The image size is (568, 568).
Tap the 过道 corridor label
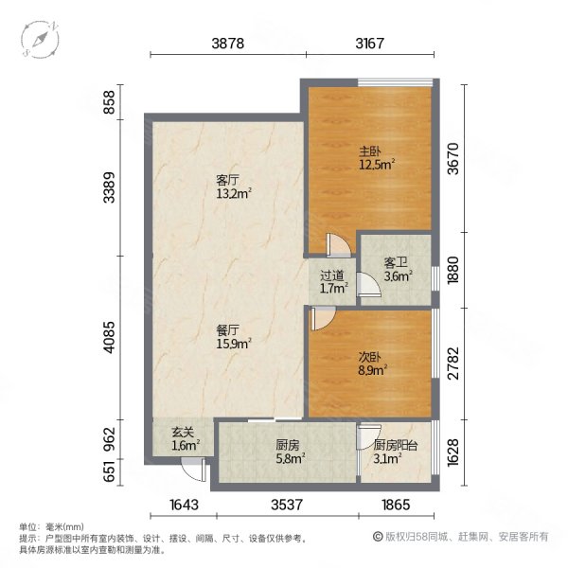(330, 278)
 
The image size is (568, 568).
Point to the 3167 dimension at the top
(377, 44)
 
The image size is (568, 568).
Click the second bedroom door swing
(321, 318)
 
